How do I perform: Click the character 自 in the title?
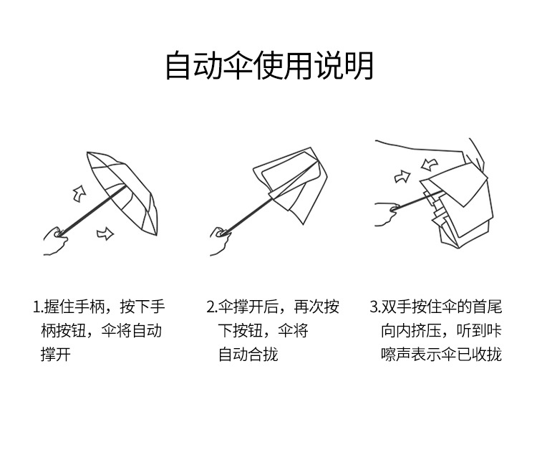(178, 66)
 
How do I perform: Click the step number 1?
(36, 307)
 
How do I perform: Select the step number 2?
(211, 307)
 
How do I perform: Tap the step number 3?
(374, 307)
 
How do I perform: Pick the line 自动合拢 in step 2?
(248, 354)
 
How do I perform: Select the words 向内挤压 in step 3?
(411, 331)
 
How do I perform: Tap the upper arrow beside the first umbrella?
(79, 193)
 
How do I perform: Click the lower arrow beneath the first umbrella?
(105, 233)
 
